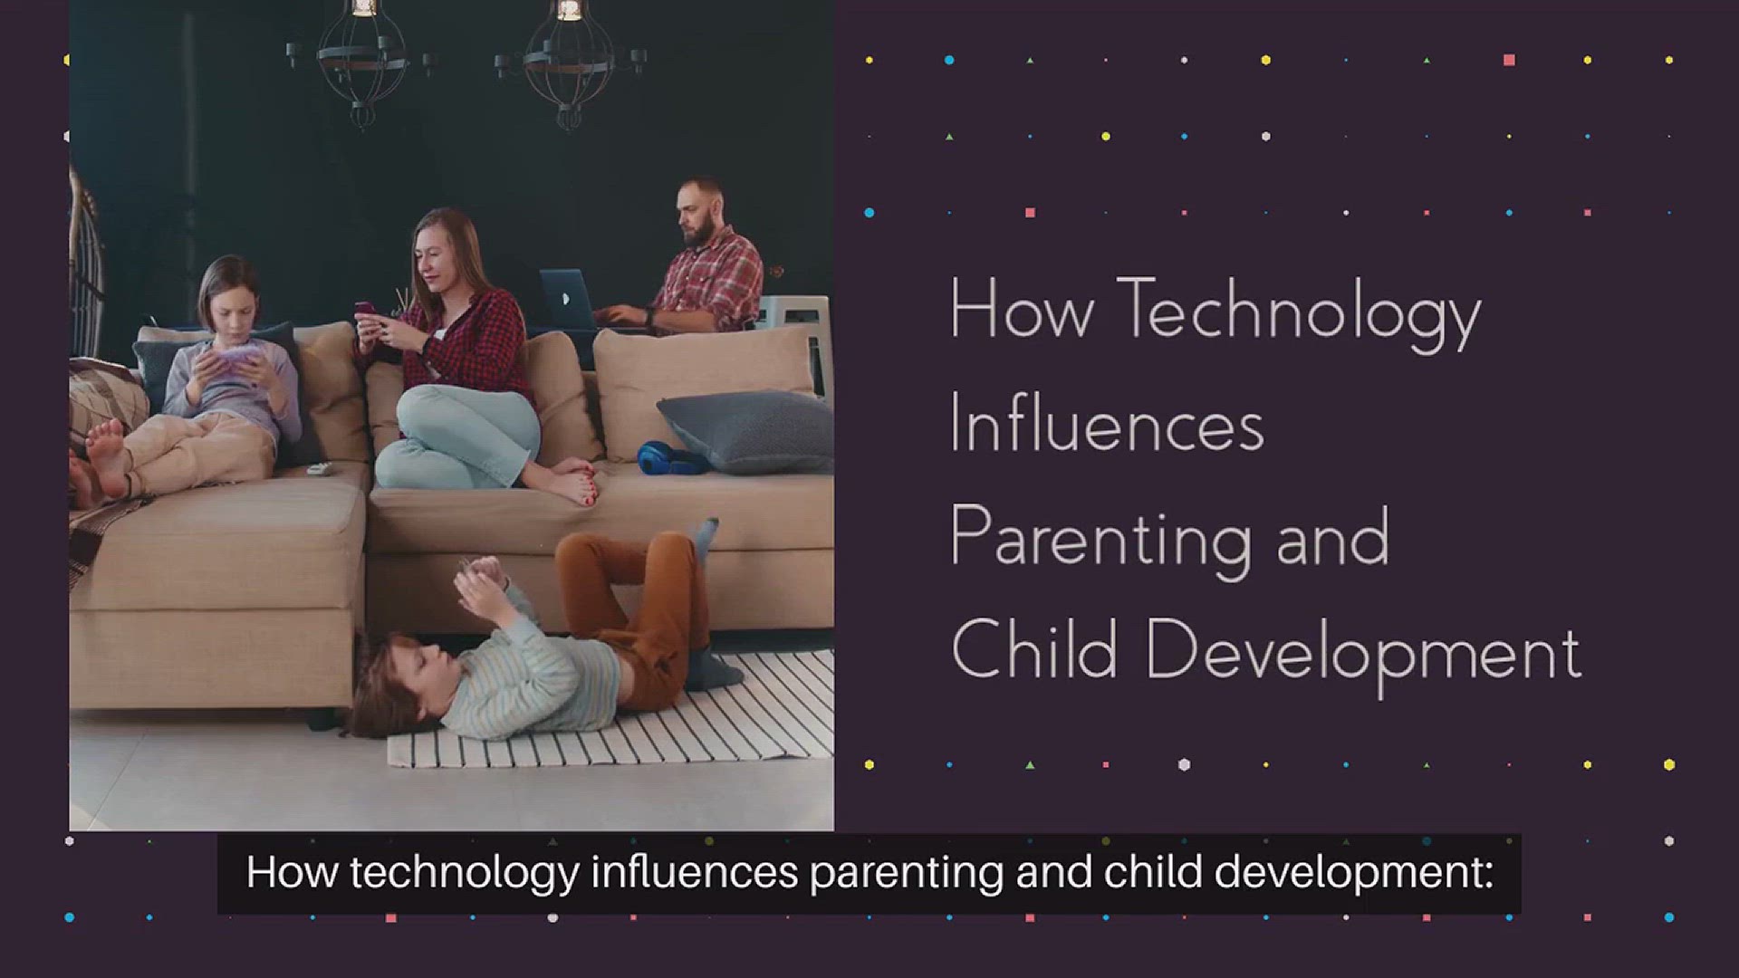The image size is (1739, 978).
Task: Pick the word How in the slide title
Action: [x=1022, y=311]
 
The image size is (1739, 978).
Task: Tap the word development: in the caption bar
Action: [x=1353, y=873]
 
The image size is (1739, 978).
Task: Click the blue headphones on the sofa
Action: [x=671, y=457]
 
